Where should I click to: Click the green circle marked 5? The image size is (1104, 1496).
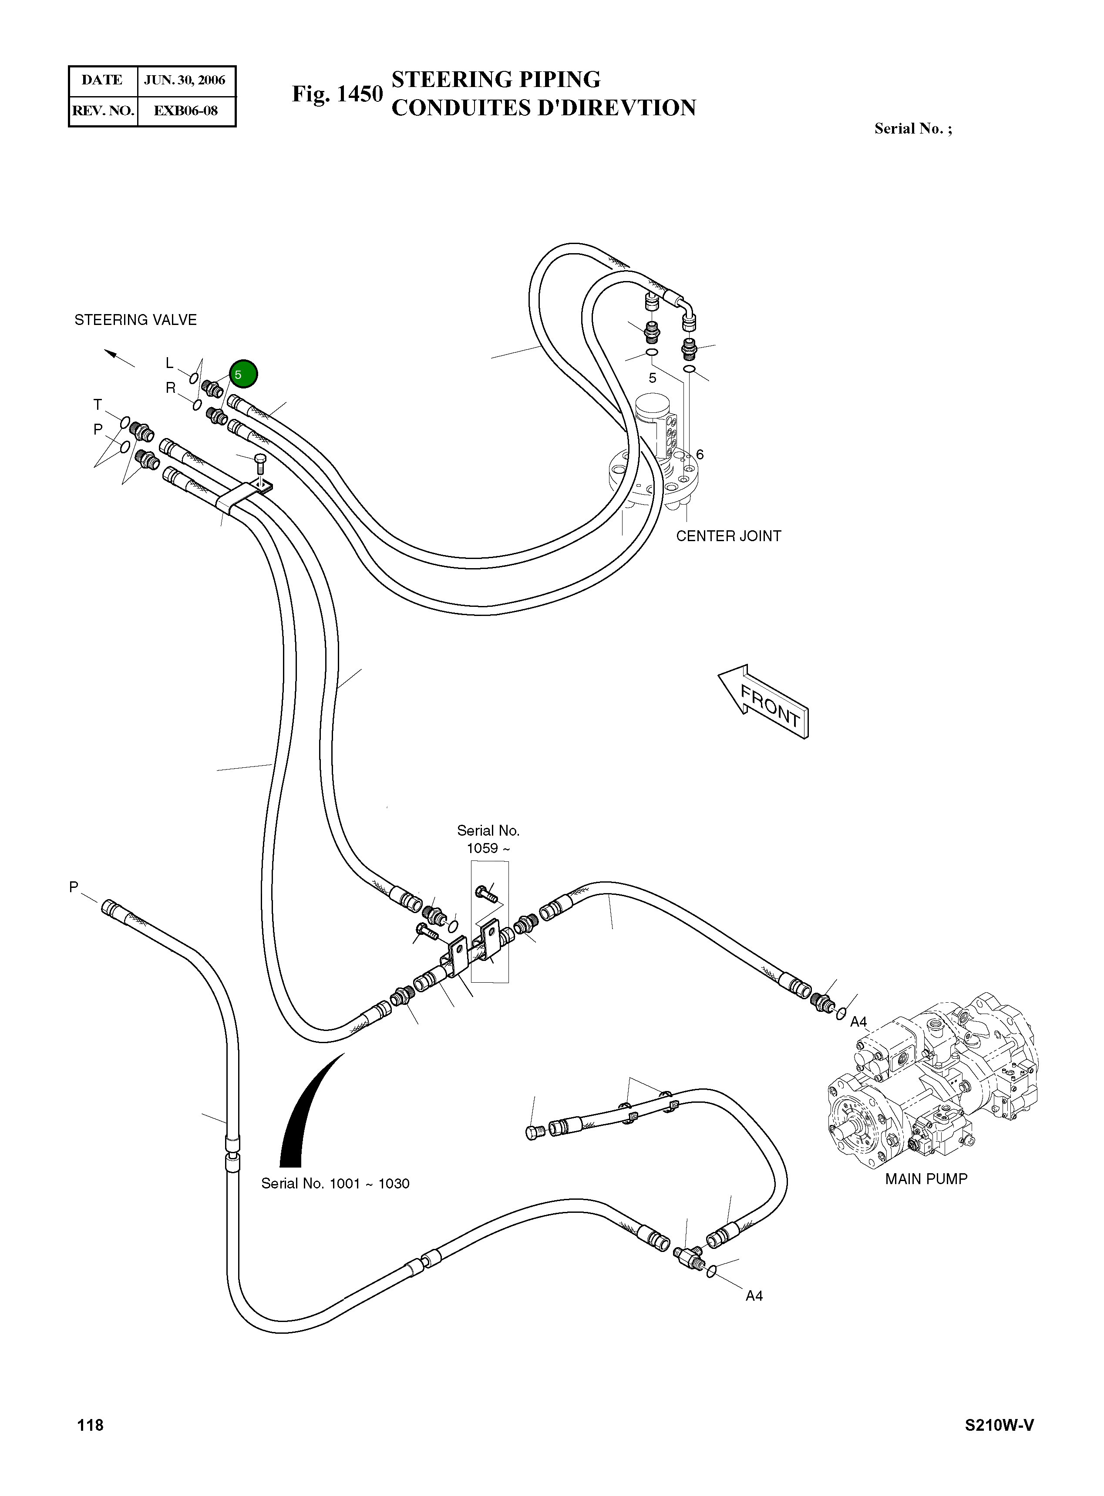tap(243, 375)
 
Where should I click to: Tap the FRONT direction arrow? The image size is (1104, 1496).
tap(764, 701)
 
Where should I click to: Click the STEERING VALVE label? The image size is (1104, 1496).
tap(136, 320)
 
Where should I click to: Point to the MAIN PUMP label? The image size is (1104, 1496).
tap(926, 1179)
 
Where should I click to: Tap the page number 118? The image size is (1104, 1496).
tap(90, 1425)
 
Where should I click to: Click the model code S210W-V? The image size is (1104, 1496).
tap(999, 1425)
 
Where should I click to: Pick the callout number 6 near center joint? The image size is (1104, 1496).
tap(700, 455)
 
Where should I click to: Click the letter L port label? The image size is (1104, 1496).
tap(170, 363)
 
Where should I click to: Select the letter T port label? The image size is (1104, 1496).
tap(98, 405)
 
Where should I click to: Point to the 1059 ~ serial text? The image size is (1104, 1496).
tap(488, 848)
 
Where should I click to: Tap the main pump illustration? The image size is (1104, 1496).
tap(932, 1088)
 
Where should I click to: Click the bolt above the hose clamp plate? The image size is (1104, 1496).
tap(261, 463)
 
